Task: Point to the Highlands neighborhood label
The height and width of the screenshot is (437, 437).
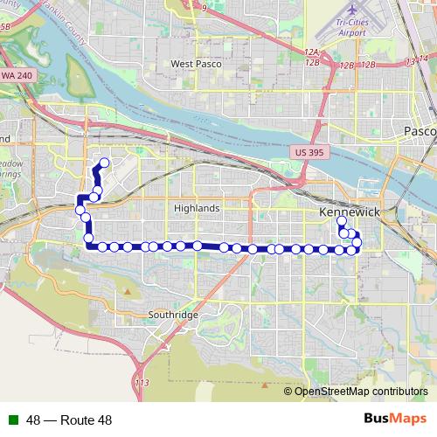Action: coord(197,209)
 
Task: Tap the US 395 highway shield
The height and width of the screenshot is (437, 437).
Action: coord(306,152)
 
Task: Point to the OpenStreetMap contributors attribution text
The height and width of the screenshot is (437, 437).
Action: coord(361,392)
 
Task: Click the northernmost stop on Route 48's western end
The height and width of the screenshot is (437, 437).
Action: coord(104,162)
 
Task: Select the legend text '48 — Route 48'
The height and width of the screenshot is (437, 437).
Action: coord(69,420)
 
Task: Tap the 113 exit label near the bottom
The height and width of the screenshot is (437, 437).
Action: coord(142,384)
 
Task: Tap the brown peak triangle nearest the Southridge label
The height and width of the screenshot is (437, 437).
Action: coord(128,290)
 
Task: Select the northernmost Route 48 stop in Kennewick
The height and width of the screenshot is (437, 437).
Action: coord(342,222)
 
